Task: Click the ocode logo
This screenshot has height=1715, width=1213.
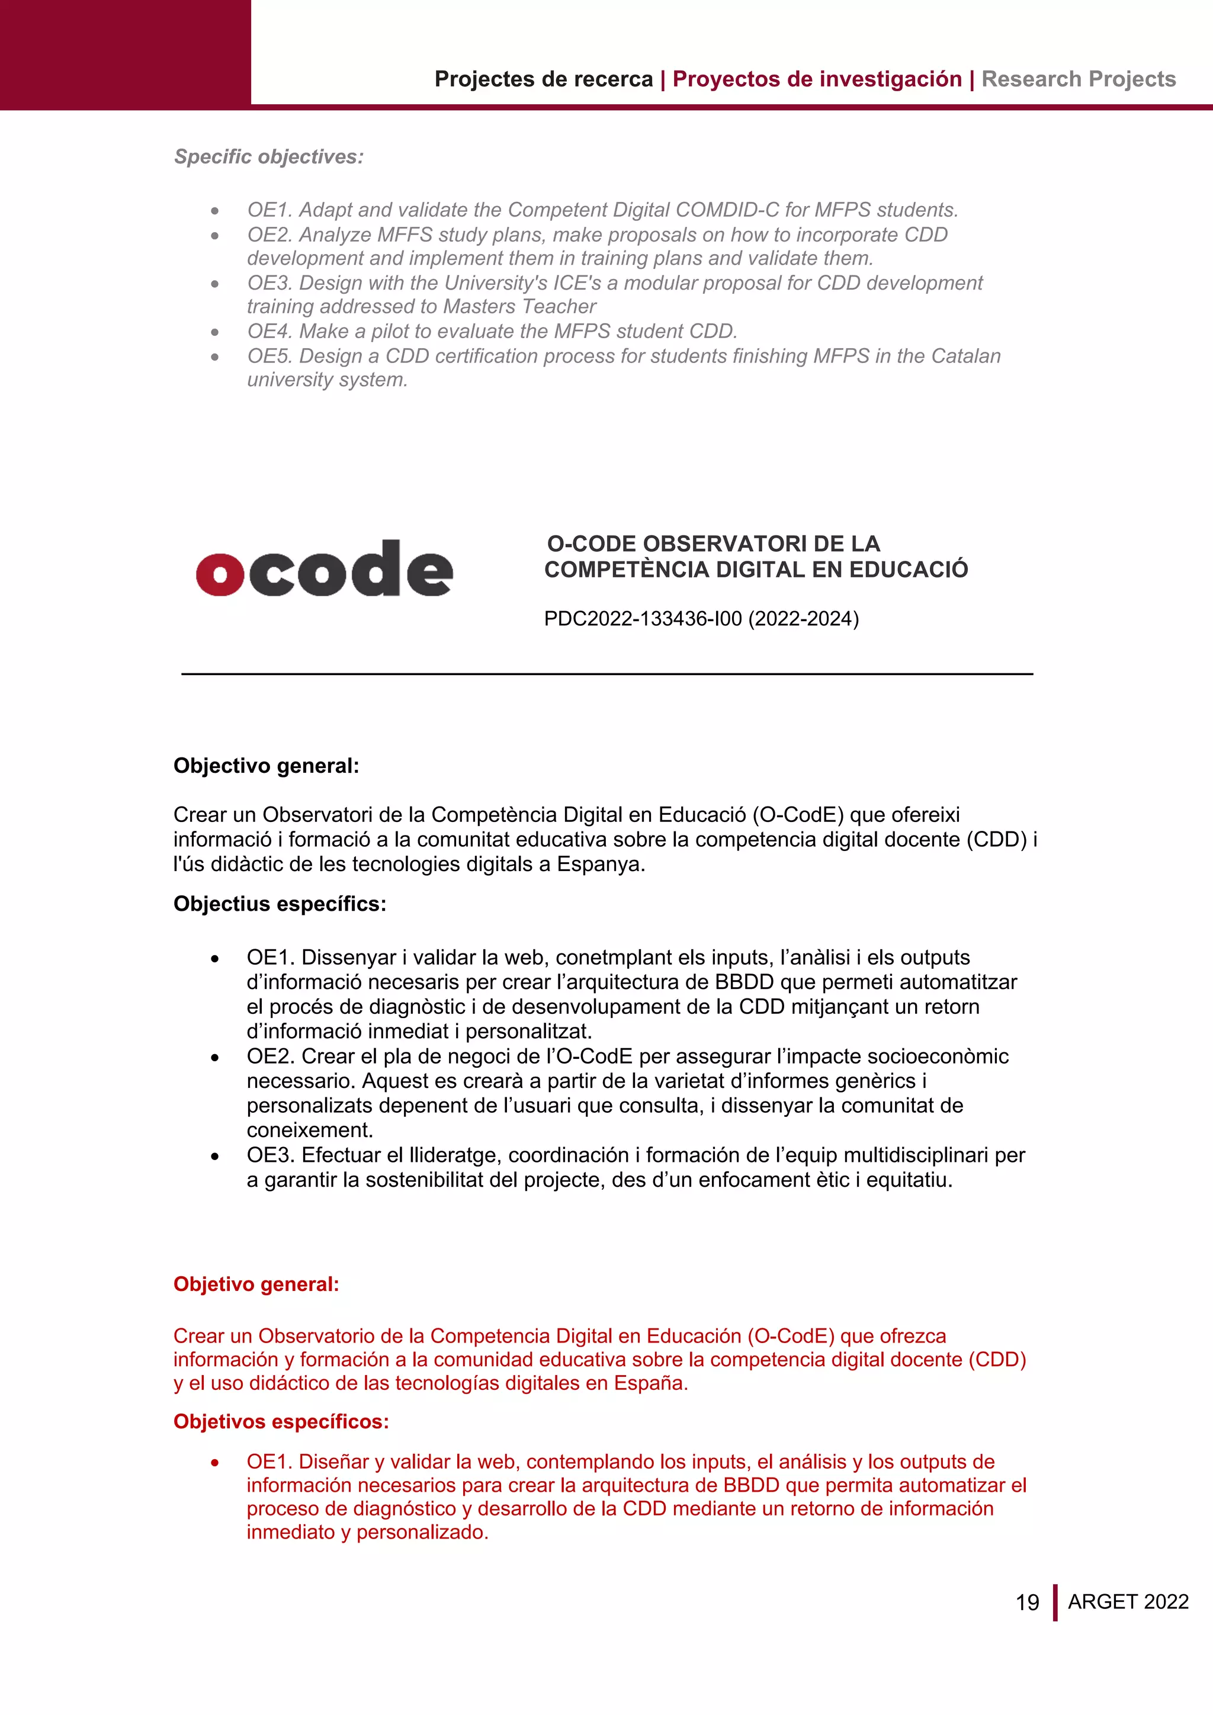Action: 324,569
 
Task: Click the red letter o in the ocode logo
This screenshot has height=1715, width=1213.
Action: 220,574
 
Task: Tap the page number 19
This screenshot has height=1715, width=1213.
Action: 1027,1602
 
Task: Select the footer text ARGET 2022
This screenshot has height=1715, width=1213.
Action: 1128,1601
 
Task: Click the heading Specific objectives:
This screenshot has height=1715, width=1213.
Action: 268,157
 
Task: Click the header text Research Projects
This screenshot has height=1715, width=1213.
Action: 1078,79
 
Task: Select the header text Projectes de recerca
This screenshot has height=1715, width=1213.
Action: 543,79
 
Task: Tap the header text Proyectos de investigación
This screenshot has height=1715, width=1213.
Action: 816,79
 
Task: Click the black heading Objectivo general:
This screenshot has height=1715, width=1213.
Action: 266,766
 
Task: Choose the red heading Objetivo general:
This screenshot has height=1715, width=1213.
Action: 256,1284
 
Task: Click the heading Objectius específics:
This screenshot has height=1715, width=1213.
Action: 280,904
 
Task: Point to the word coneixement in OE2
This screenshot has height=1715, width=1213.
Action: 309,1130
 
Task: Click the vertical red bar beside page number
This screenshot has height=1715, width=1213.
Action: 1055,1602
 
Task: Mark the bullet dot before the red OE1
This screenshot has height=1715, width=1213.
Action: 215,1463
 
